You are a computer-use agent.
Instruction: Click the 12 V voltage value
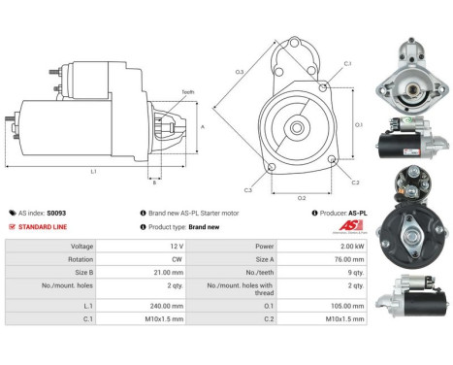click(150, 247)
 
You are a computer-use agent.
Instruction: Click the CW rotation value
click(150, 260)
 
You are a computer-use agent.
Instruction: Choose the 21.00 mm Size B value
click(146, 274)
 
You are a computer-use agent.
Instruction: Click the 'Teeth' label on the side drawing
click(186, 91)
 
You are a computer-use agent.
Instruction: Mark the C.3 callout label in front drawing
click(248, 190)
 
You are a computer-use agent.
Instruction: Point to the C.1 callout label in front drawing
click(347, 65)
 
